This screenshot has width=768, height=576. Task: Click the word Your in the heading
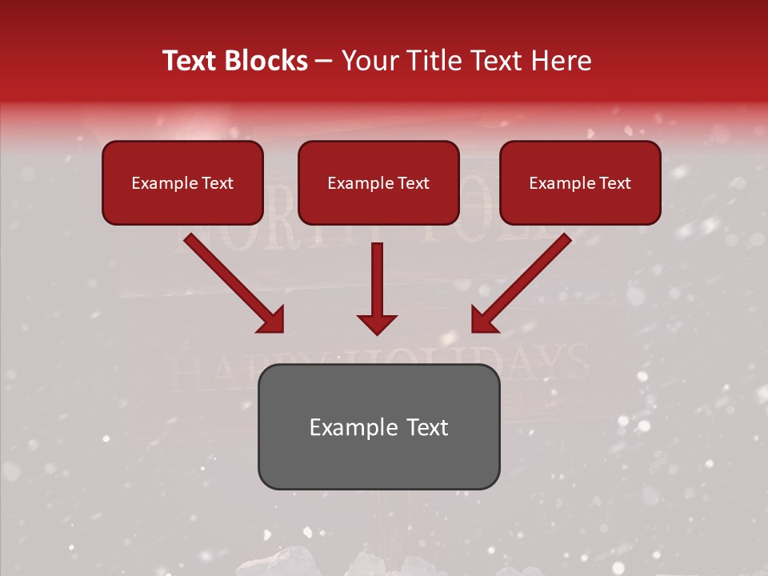(x=366, y=61)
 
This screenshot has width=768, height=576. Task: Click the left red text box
(x=182, y=182)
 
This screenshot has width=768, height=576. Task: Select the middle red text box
(x=378, y=182)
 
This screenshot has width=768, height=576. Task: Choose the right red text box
(x=580, y=182)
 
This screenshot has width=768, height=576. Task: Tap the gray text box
(x=378, y=426)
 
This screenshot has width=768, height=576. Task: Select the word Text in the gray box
(x=428, y=427)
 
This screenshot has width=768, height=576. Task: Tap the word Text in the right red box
(x=614, y=183)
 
